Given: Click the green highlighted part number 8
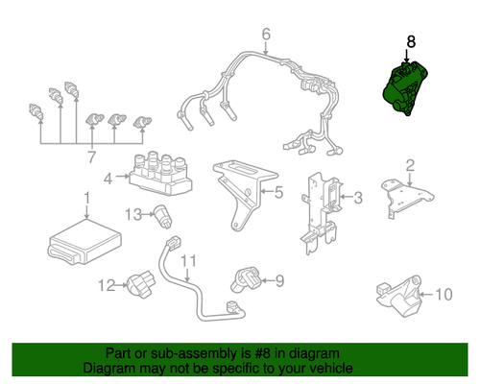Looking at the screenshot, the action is [405, 88].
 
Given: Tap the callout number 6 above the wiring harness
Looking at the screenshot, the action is [266, 35].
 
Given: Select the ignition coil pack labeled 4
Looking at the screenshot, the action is [160, 175].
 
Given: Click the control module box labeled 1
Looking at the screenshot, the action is [84, 242].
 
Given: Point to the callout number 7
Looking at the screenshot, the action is [91, 157].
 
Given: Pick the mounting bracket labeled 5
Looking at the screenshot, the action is [245, 194].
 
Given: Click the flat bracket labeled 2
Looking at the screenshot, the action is [406, 198].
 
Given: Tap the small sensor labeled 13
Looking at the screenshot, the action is [163, 216].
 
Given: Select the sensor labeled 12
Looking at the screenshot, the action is [141, 283].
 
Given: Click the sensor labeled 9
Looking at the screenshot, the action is [246, 279].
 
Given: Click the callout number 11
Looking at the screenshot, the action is [188, 261].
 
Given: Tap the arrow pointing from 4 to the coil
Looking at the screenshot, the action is [123, 176].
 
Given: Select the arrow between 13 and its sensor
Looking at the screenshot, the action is [148, 214].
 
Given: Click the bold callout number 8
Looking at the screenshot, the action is [411, 42].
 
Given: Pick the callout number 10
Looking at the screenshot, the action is [444, 295].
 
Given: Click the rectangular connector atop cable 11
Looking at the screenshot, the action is [173, 243].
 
